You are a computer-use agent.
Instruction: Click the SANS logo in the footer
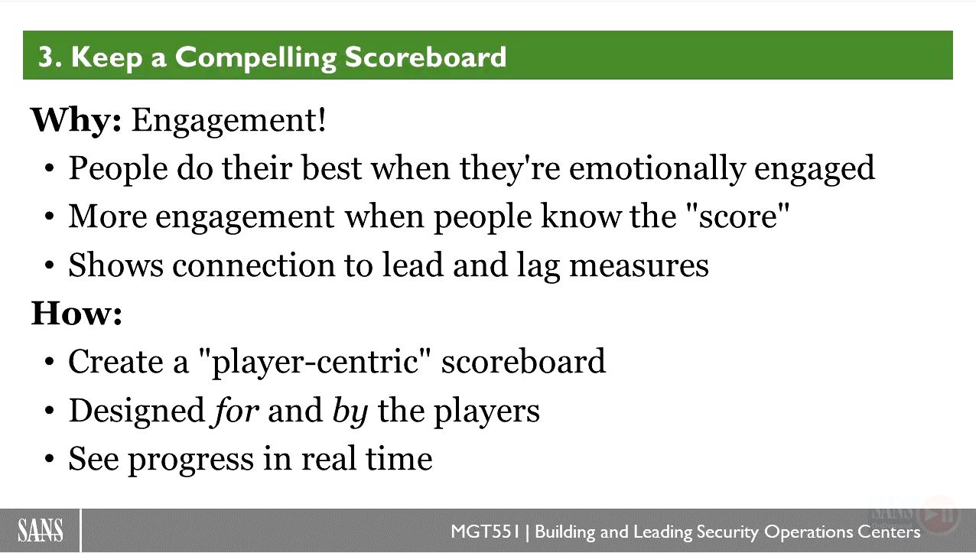tap(40, 530)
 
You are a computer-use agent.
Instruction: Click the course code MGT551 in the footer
tap(485, 532)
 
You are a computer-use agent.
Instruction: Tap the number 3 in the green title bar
tap(46, 57)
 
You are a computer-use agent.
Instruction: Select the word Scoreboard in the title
tap(425, 57)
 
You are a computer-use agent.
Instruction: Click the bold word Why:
tap(76, 120)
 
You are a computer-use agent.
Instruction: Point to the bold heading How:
tap(76, 313)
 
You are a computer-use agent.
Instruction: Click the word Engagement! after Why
tap(229, 121)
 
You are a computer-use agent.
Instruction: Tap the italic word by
tap(350, 411)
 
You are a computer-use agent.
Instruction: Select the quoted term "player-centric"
tap(314, 361)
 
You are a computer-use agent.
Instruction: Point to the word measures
tap(639, 265)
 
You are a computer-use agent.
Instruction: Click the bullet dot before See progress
tap(49, 459)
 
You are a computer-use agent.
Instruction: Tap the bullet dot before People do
tap(49, 168)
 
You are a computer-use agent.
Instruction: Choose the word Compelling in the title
tap(255, 57)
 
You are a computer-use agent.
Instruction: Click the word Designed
tap(137, 411)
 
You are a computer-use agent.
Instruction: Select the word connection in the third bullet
tap(254, 265)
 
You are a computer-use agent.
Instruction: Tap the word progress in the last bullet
tap(191, 460)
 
